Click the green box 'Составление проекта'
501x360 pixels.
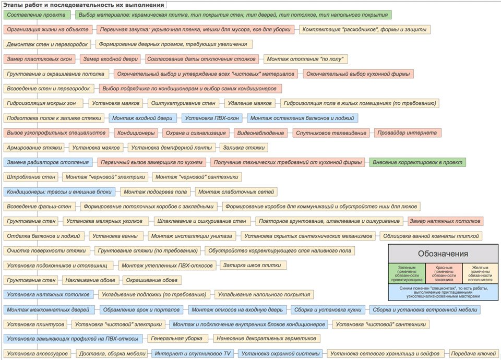(37, 15)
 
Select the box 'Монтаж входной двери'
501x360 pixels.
(142, 118)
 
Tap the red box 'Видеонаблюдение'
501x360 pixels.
(260, 133)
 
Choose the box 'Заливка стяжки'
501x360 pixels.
(244, 148)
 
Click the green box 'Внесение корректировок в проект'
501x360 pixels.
(417, 162)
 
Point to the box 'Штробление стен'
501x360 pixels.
(31, 177)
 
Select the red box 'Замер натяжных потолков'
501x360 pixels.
(445, 221)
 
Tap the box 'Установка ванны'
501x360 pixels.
(115, 236)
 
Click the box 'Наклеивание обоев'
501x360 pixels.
(90, 280)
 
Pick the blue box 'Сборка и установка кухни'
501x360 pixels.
(328, 309)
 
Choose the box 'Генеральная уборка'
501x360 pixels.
(177, 338)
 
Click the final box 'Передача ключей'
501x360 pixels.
(473, 353)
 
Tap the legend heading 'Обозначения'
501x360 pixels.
(443, 254)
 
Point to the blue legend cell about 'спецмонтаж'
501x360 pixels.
(443, 292)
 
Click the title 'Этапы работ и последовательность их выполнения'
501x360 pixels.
(83, 5)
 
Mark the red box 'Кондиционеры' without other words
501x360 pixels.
(136, 133)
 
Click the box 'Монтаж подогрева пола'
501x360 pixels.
(156, 191)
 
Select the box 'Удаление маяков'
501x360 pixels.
(249, 103)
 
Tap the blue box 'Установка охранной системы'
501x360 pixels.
(280, 353)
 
